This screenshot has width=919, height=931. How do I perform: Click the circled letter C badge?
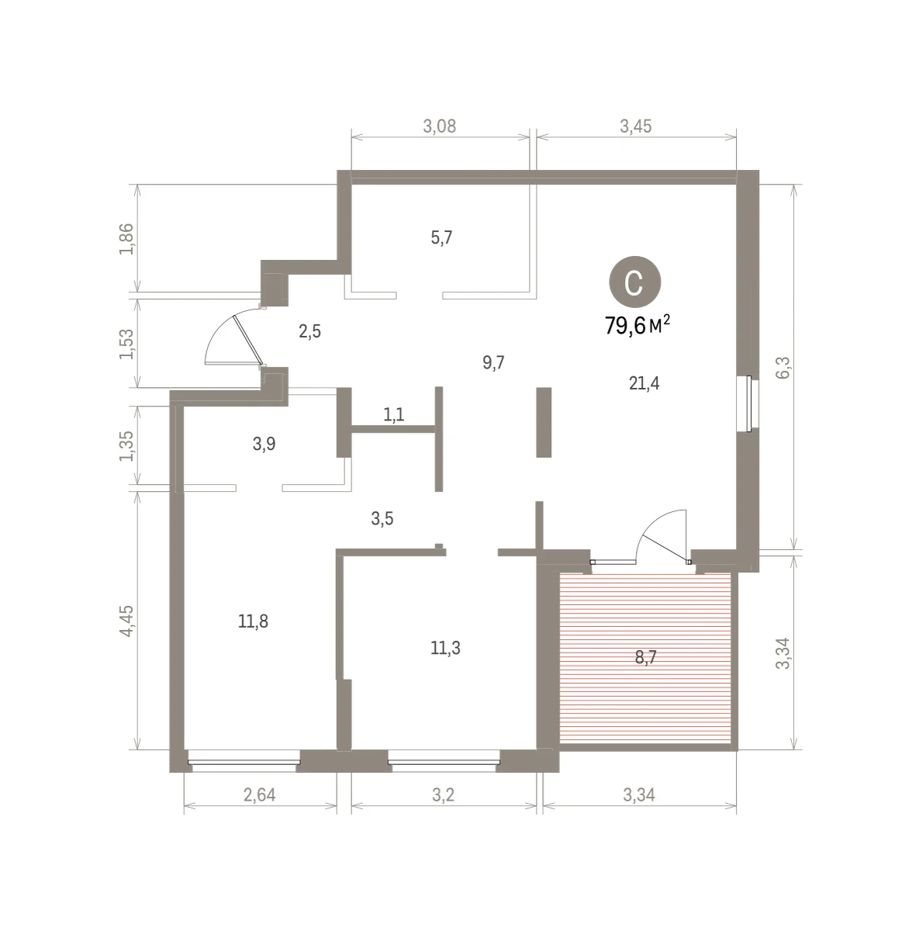tap(634, 282)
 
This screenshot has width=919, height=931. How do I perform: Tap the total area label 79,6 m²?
tap(637, 325)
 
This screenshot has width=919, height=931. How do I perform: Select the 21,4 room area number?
tap(644, 383)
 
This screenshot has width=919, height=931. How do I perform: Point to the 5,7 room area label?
tap(441, 237)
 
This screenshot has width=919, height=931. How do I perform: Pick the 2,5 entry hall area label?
tap(309, 332)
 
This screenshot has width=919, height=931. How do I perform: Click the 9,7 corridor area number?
tap(493, 362)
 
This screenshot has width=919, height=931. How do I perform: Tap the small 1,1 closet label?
tap(394, 414)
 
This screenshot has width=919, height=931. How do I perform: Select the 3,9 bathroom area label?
tap(264, 444)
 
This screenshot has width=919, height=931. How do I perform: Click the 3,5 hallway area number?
tap(382, 519)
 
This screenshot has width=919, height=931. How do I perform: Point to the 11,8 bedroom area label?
tap(253, 621)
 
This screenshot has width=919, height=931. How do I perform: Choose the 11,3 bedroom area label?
tap(445, 648)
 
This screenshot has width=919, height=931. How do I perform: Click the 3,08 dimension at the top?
tap(440, 126)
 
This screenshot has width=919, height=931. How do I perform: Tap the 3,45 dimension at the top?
tap(636, 126)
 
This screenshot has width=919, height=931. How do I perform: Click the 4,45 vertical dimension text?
tap(126, 621)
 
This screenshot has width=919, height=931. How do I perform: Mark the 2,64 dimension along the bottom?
tap(260, 794)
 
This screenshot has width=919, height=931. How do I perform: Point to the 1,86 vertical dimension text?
tap(126, 239)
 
